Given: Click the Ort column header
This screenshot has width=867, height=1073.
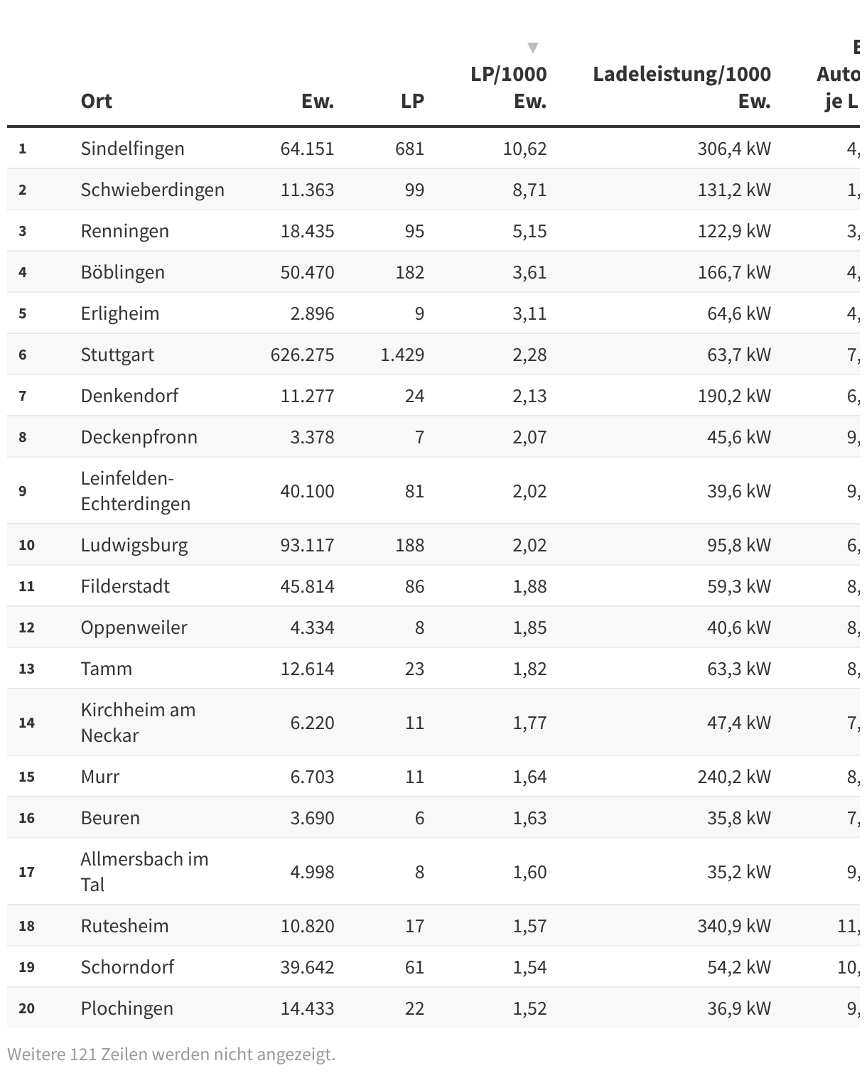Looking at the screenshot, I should (x=97, y=101).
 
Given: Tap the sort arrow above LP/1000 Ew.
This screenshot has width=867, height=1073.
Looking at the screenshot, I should (x=532, y=48).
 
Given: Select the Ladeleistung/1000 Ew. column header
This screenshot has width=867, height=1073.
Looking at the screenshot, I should (x=682, y=87).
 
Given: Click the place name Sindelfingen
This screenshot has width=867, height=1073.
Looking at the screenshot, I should (x=132, y=149).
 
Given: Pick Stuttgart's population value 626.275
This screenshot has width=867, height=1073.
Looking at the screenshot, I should (x=302, y=355).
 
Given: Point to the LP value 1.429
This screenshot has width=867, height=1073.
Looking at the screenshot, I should (x=402, y=355).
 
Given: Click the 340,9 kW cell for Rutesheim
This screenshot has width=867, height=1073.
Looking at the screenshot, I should (x=734, y=926).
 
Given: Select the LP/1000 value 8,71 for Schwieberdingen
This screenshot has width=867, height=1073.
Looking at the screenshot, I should (x=529, y=190).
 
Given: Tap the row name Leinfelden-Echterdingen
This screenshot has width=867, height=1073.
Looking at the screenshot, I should (x=135, y=491).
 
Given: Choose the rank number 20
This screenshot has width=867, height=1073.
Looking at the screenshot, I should (x=26, y=1008).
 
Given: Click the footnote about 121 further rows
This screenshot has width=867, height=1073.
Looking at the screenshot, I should (x=171, y=1054).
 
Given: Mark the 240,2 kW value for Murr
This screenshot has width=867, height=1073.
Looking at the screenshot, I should (x=734, y=777).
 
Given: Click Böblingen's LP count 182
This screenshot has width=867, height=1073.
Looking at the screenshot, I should (x=409, y=272).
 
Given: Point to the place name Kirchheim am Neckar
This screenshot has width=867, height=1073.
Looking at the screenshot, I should (x=138, y=723).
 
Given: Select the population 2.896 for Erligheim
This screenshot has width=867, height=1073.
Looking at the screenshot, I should (x=312, y=313).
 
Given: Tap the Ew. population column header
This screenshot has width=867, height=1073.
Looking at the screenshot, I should (x=317, y=101).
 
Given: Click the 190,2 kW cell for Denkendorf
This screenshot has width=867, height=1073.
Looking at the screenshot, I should (x=734, y=396).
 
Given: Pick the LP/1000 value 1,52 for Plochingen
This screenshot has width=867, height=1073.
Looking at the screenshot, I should (x=529, y=1008).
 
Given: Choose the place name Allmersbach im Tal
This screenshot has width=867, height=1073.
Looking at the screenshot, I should (x=144, y=872).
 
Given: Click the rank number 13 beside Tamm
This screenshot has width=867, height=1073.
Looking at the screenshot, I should (x=26, y=669).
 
